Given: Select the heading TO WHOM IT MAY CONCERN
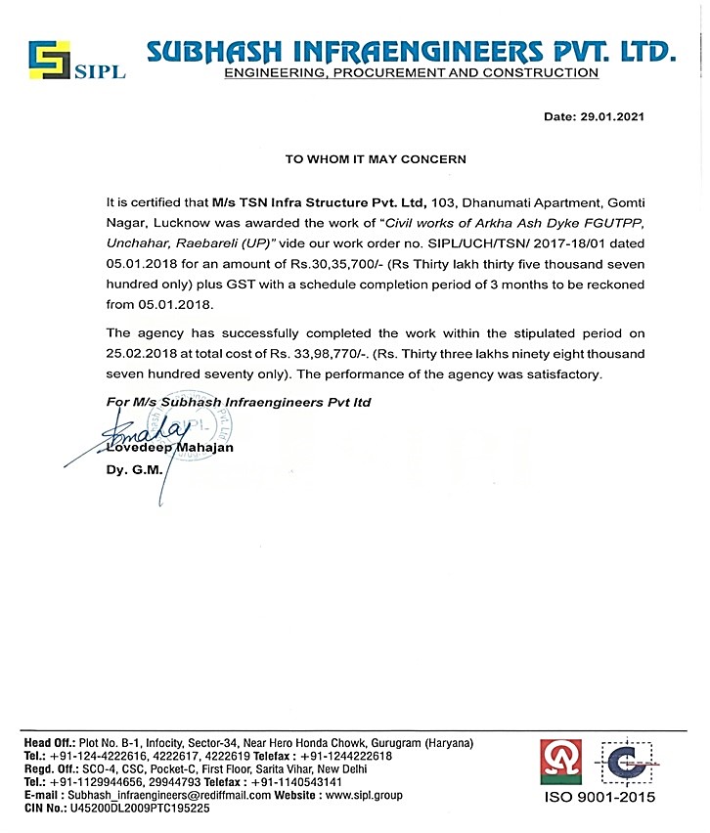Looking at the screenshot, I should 362,158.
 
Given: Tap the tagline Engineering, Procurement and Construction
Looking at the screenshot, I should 411,73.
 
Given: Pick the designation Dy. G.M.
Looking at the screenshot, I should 126,469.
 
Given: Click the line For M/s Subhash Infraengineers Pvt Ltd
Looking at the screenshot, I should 238,402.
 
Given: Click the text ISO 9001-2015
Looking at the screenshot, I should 600,797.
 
